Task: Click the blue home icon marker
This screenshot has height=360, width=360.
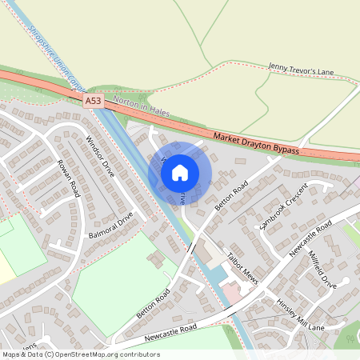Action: pyautogui.click(x=180, y=172)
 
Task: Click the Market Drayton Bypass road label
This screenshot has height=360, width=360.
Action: pyautogui.click(x=256, y=144)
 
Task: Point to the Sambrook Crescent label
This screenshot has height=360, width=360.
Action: pyautogui.click(x=283, y=210)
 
